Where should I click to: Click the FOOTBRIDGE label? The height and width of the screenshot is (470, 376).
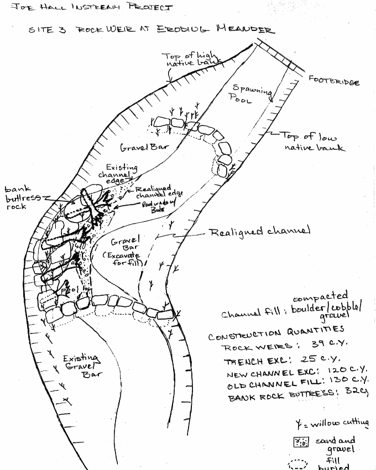(334, 81)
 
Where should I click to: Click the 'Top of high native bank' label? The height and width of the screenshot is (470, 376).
(190, 61)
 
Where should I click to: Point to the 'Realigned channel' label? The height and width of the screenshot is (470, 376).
(259, 231)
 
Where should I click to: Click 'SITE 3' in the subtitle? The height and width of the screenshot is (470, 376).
(47, 30)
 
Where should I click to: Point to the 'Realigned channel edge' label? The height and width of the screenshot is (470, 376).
(159, 193)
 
